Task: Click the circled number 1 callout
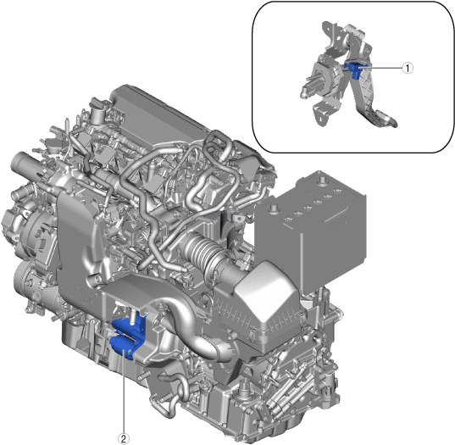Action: tap(408, 68)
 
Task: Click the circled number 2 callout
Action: tap(124, 439)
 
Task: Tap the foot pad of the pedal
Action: tap(383, 118)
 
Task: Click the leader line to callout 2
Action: tap(124, 392)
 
